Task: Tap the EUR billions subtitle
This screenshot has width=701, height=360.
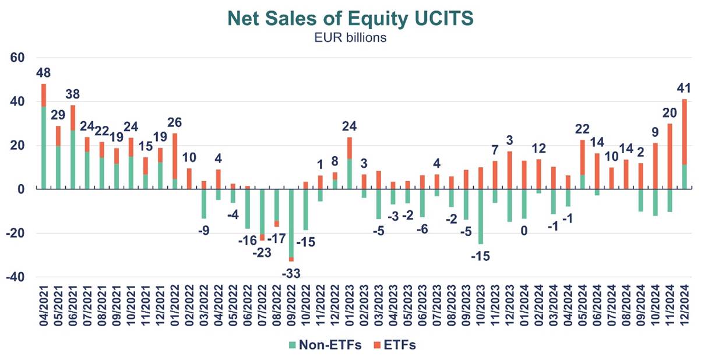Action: (x=350, y=38)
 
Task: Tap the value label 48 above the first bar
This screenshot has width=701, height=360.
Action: (x=44, y=73)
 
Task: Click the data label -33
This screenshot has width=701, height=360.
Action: (x=291, y=273)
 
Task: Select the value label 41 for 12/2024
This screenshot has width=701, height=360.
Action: (x=684, y=89)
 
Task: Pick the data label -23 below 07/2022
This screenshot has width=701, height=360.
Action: (x=262, y=253)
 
